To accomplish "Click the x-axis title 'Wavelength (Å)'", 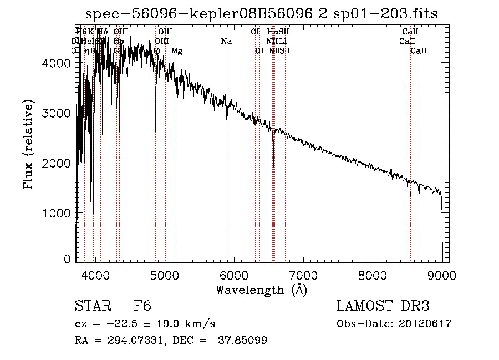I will (x=262, y=290).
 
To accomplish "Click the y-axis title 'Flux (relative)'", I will (x=28, y=145).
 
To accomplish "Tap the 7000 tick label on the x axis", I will (x=303, y=275).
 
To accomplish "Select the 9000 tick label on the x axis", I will (x=442, y=275).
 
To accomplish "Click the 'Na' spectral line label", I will (x=226, y=42).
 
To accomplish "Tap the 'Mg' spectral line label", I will (x=177, y=51).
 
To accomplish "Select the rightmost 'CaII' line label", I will (x=419, y=51).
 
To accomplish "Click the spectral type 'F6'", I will (x=143, y=306).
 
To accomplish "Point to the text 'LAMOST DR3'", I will (x=383, y=306).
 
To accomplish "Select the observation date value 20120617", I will (x=426, y=324).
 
